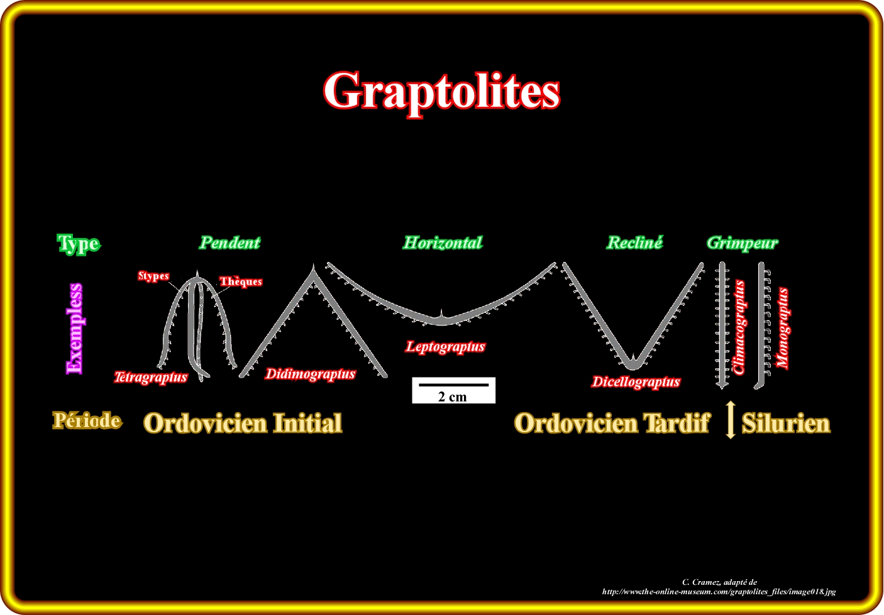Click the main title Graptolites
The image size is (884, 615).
tap(441, 92)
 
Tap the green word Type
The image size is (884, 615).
tap(79, 244)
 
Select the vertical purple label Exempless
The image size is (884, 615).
tap(75, 329)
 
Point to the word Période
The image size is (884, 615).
tap(87, 420)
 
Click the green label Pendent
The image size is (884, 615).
tap(229, 243)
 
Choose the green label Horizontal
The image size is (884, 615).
tap(443, 243)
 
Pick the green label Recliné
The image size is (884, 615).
tap(635, 242)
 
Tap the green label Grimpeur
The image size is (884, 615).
tap(743, 244)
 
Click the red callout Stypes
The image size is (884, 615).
tap(153, 276)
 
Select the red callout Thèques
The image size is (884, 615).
tap(241, 281)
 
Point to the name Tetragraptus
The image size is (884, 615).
tap(151, 378)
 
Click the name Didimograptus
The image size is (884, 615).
tap(310, 374)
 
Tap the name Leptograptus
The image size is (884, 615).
tap(446, 347)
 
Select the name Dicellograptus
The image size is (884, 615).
tap(636, 381)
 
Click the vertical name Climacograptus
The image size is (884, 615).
tap(739, 327)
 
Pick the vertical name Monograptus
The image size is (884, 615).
tap(783, 328)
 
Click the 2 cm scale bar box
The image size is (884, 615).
tap(453, 390)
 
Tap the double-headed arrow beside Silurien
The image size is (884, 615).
tap(731, 420)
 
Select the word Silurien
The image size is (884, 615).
tap(786, 423)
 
